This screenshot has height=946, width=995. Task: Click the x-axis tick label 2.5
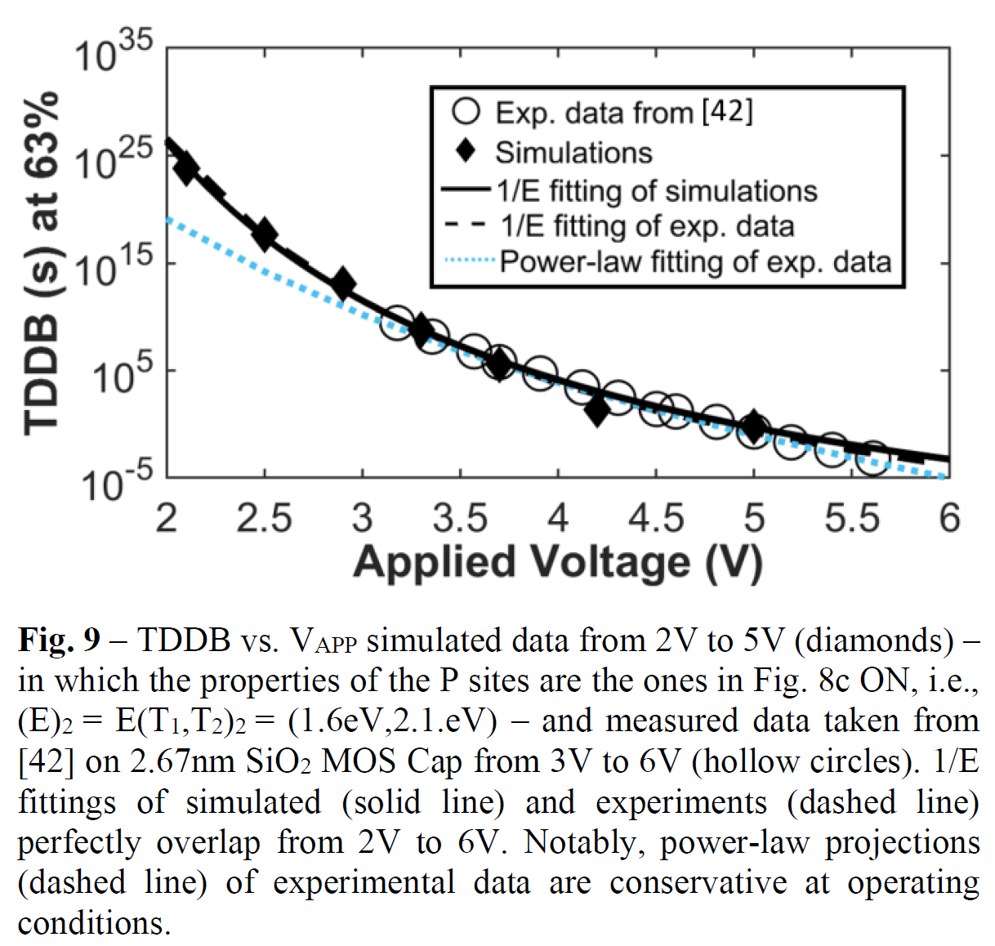pos(264,518)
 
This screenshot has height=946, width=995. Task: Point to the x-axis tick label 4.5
pos(655,518)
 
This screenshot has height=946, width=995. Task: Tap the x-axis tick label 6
pos(948,518)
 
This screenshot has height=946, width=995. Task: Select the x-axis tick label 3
pos(362,518)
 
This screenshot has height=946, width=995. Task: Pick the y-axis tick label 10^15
pos(114,267)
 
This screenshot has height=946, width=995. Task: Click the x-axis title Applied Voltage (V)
pos(558,562)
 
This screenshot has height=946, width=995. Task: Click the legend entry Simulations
pos(573,153)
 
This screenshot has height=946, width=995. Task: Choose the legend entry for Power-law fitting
pos(694,261)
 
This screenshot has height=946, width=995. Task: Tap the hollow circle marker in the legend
pos(466,112)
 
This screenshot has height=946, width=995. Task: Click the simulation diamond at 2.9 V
pos(343,283)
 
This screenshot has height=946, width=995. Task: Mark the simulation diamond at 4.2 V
pos(597,410)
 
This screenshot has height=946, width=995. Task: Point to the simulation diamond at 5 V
pos(753,426)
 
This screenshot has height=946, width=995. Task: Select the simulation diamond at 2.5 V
pos(264,234)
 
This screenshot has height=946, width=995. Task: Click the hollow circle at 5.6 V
pos(872,458)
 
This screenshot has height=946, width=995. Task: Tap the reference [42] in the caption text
pos(46,761)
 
